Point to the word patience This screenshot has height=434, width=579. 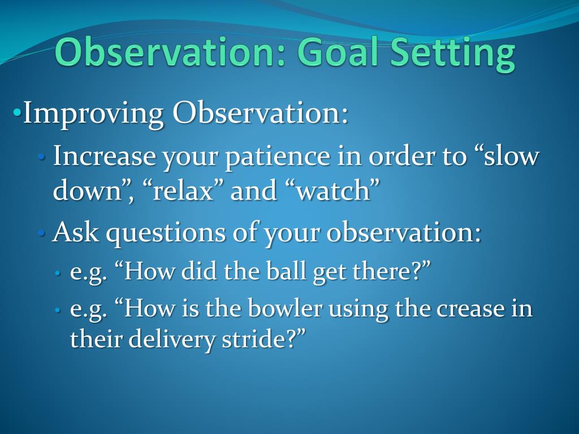click(278, 157)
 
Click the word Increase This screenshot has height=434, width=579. click(105, 156)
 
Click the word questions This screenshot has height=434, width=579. click(166, 233)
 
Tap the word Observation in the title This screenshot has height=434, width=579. click(170, 52)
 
